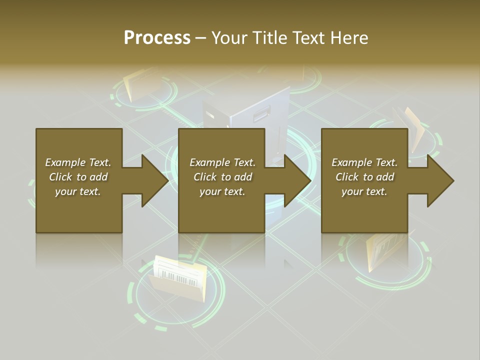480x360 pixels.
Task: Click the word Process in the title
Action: tap(157, 38)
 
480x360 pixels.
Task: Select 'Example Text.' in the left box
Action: tap(78, 162)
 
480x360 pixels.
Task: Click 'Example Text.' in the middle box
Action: tap(222, 162)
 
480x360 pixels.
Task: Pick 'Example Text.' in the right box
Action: tap(364, 162)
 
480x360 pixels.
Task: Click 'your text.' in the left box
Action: tap(78, 191)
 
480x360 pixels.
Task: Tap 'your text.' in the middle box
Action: tap(222, 191)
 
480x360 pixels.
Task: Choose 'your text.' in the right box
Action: tap(364, 191)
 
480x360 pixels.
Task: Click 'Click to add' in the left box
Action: tap(78, 177)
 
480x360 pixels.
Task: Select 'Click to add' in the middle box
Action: tap(222, 177)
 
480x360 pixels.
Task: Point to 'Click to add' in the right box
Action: tap(364, 177)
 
